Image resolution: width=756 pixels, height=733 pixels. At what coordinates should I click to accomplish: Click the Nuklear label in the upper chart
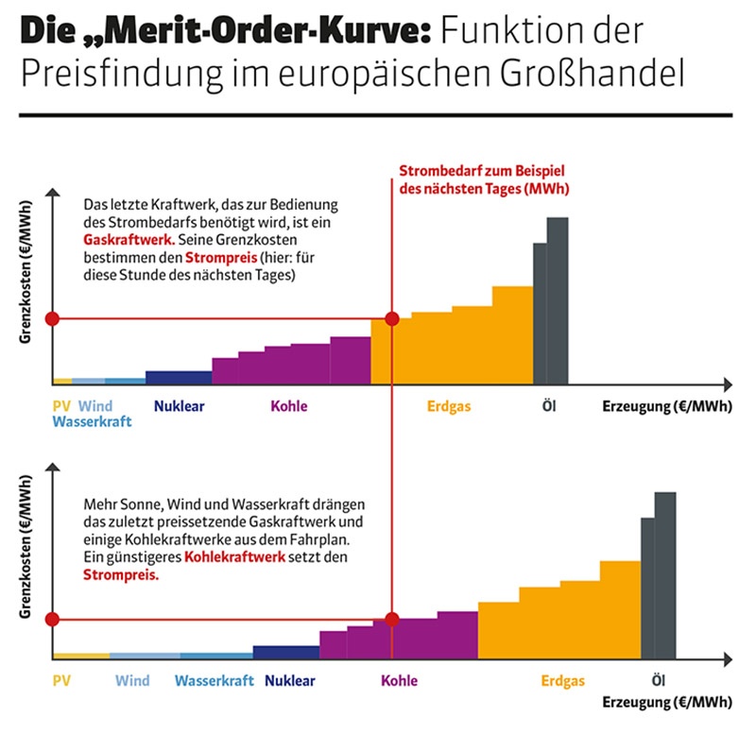point(179,407)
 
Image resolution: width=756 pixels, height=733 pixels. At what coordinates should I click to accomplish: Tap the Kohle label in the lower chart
point(399,680)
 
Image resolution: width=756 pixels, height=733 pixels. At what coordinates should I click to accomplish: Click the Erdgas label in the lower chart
point(563,680)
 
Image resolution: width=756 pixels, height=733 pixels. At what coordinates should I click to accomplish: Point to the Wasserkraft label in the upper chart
point(92,421)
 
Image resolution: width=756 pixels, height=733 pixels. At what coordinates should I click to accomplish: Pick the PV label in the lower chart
point(62,680)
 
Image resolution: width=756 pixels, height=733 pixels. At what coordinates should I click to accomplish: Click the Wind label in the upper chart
point(95,407)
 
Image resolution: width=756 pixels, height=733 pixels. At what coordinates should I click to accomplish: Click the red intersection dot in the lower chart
point(391,620)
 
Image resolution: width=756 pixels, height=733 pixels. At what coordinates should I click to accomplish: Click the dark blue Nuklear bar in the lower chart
point(286,652)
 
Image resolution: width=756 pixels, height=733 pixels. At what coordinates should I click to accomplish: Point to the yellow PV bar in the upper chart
point(62,381)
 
